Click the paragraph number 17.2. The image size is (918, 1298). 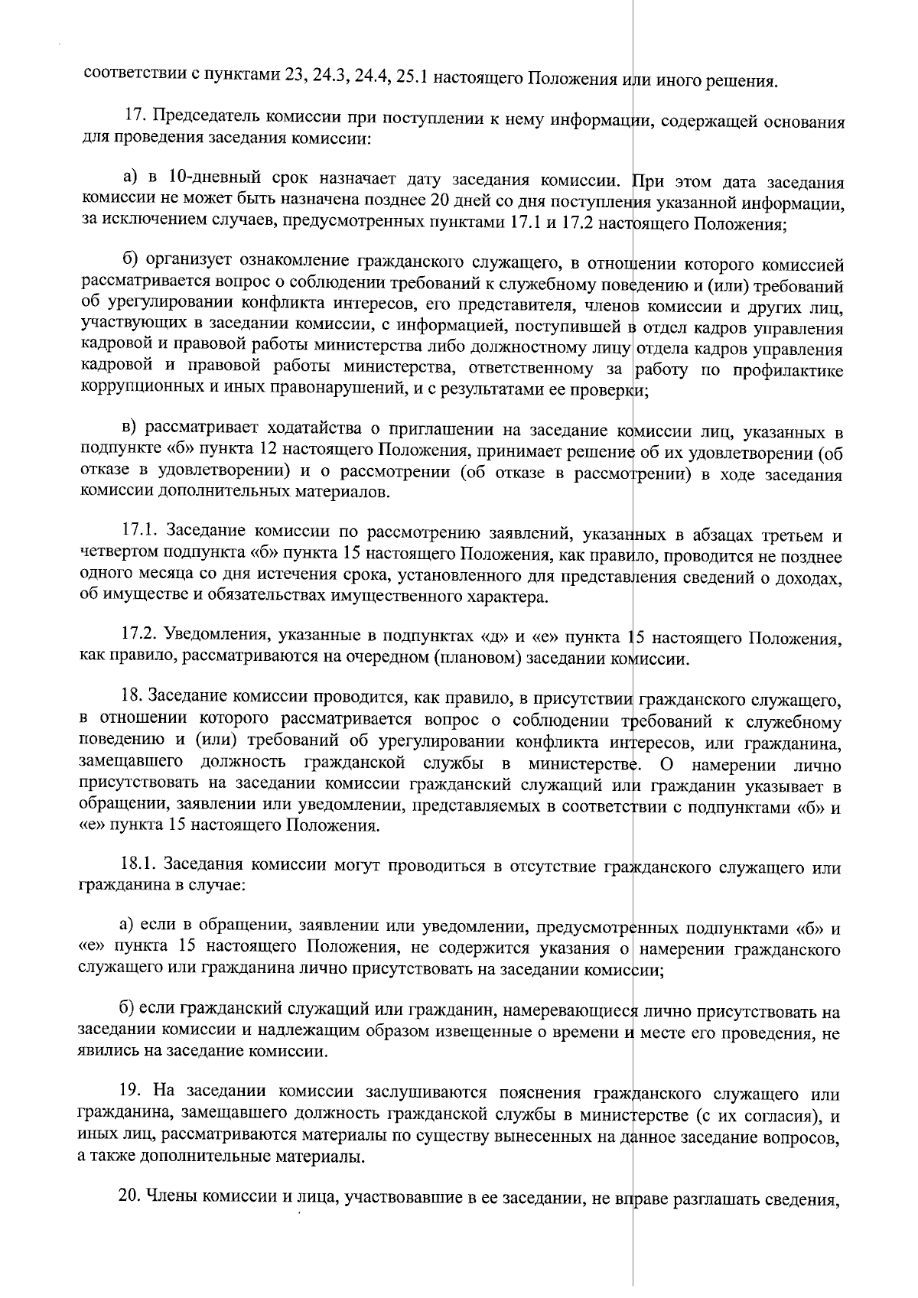141,636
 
